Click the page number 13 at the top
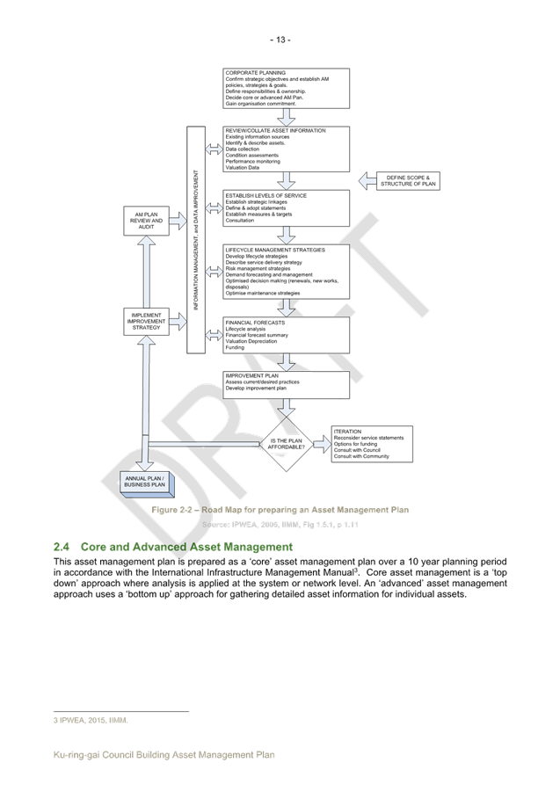[280, 40]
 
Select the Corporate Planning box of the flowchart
[287, 87]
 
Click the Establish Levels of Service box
[287, 207]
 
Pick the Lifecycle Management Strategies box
[287, 272]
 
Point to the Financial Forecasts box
[287, 335]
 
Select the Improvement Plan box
[287, 385]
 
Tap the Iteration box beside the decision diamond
[372, 444]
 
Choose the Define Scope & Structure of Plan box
[408, 181]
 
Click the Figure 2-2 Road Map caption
[280, 510]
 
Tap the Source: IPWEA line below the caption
[280, 525]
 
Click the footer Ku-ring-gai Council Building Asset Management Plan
[164, 754]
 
